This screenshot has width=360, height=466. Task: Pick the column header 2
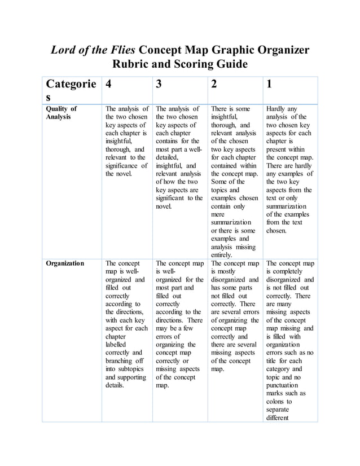pos(213,84)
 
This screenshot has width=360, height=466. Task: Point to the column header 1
pos(269,84)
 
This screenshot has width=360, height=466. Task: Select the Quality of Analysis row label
pos(62,113)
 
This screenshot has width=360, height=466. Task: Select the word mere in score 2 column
pos(219,214)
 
